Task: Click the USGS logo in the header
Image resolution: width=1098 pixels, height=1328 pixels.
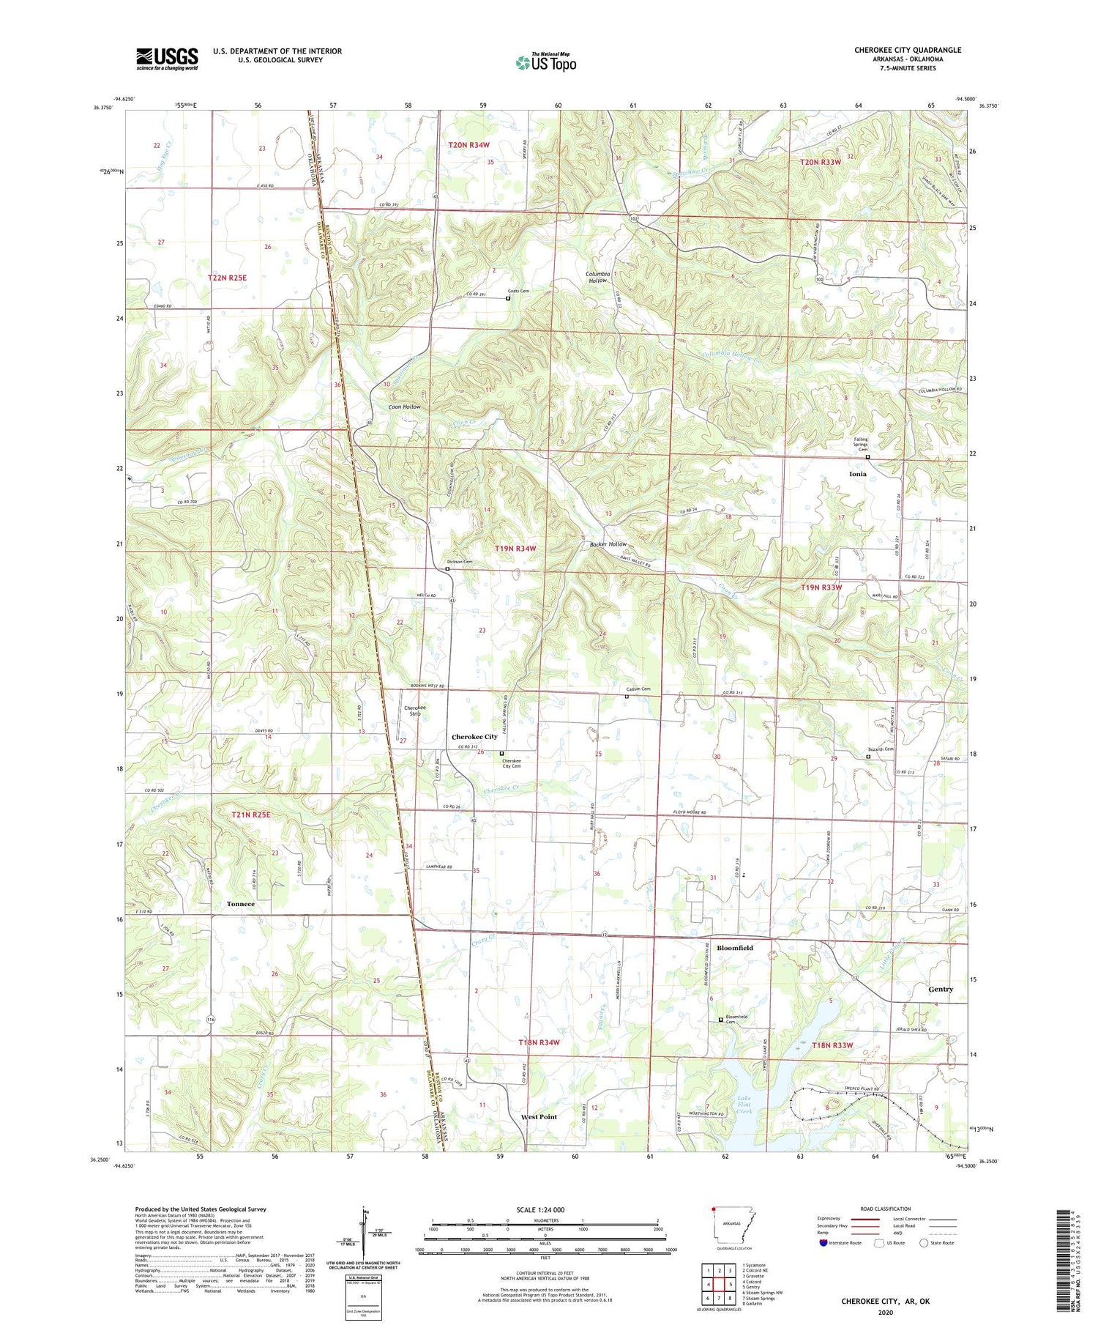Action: click(x=167, y=59)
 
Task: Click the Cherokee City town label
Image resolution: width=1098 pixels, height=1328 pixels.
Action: click(x=474, y=737)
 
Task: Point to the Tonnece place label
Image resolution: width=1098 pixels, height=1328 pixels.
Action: click(x=240, y=904)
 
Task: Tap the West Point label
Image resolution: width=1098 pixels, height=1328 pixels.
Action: click(x=539, y=1117)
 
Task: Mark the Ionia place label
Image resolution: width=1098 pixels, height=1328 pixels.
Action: click(x=857, y=474)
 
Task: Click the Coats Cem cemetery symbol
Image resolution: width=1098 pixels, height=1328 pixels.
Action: click(x=508, y=298)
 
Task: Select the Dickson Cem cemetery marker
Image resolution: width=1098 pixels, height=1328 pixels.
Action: click(x=447, y=569)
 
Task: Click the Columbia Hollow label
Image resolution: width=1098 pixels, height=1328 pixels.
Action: click(x=598, y=277)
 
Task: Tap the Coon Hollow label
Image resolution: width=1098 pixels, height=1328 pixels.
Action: click(x=404, y=407)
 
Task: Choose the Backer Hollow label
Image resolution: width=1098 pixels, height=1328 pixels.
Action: click(x=608, y=544)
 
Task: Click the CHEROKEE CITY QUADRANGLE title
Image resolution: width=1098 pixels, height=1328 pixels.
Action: click(x=907, y=50)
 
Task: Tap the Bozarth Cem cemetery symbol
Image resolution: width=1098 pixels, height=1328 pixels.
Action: click(x=868, y=757)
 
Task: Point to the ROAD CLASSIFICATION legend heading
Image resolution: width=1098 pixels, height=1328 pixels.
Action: click(x=885, y=1209)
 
